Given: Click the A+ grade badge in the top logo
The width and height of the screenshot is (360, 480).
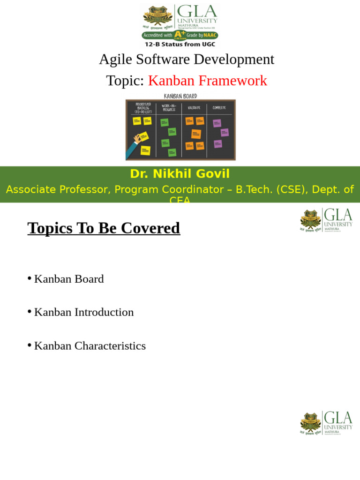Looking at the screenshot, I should (180, 35).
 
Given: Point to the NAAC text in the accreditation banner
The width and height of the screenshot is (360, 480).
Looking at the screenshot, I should (210, 35).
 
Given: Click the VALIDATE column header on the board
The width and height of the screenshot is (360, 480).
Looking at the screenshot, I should (194, 108).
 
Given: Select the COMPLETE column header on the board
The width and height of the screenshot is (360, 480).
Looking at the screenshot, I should (219, 108).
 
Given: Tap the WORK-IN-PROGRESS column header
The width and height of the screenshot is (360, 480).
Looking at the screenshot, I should (169, 108).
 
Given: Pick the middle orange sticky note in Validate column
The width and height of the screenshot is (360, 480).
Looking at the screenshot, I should (196, 134).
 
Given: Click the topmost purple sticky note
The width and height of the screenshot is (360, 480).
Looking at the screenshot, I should (217, 123).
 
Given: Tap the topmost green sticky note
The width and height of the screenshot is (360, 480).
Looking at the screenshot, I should (164, 122).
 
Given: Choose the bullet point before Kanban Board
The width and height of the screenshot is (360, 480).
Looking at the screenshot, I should (30, 278).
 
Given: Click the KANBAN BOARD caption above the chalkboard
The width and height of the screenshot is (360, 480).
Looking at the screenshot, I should (180, 96).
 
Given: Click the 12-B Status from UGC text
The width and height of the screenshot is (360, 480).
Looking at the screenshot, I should (180, 44).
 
